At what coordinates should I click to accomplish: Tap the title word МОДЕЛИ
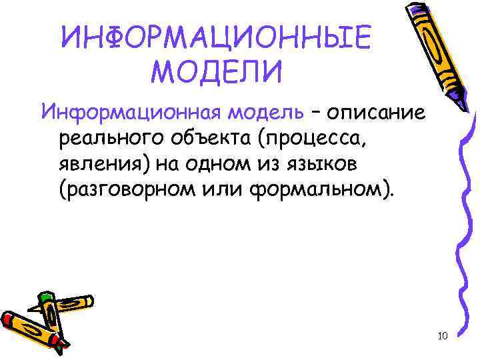tap(217, 72)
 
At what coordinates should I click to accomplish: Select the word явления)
tap(103, 165)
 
